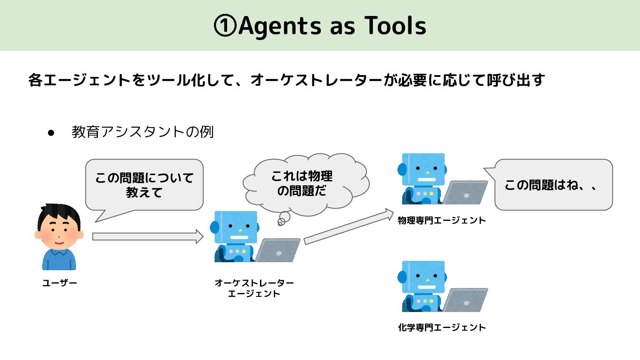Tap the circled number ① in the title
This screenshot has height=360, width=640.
[x=225, y=26]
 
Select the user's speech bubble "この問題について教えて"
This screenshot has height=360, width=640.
[x=144, y=184]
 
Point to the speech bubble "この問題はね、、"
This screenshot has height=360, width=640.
[x=553, y=184]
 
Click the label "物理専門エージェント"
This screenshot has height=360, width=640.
[x=442, y=220]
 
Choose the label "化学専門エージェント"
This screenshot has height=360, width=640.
[x=442, y=328]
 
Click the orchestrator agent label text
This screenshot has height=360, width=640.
[x=254, y=288]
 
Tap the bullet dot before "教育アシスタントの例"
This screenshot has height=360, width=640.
[x=51, y=133]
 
